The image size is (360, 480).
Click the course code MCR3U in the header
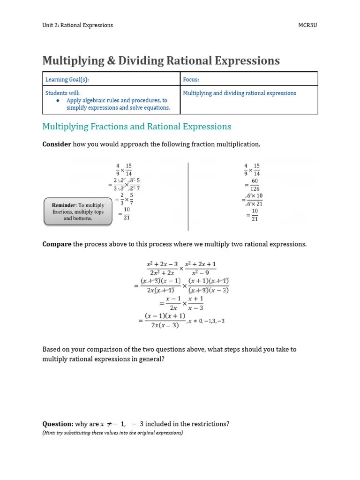point(308,25)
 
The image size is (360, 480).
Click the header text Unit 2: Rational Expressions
point(77,25)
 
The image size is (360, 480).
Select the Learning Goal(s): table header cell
point(67,80)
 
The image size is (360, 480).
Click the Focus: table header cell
point(191,80)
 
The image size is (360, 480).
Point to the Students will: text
point(62,93)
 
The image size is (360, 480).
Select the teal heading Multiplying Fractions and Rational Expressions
point(136,127)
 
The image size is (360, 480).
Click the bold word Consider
point(57,144)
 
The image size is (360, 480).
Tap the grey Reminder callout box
point(78,212)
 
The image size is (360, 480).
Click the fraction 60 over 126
point(255,185)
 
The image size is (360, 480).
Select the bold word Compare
point(57,244)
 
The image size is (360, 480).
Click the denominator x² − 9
point(200,272)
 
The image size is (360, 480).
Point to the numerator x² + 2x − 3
point(162,264)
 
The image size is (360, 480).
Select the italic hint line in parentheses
point(112,433)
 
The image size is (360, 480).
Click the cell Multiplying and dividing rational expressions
point(240,93)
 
